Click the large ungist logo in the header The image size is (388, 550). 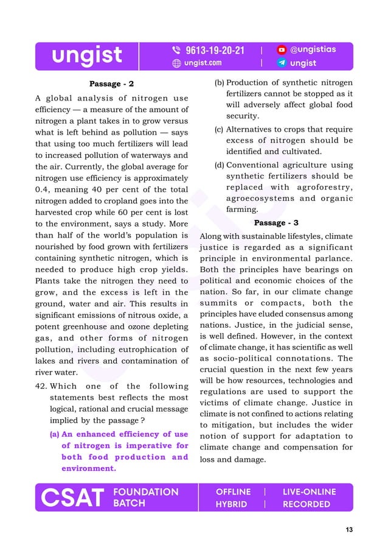point(86,56)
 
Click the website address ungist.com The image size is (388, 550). point(203,63)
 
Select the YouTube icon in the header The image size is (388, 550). point(282,50)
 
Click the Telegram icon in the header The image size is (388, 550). point(282,63)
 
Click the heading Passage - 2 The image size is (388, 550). point(111,83)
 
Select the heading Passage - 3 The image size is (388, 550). point(276,223)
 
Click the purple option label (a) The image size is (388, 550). point(54,434)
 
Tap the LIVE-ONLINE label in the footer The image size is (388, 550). point(309,492)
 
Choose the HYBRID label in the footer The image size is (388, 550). point(231,504)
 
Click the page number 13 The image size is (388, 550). point(348,530)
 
